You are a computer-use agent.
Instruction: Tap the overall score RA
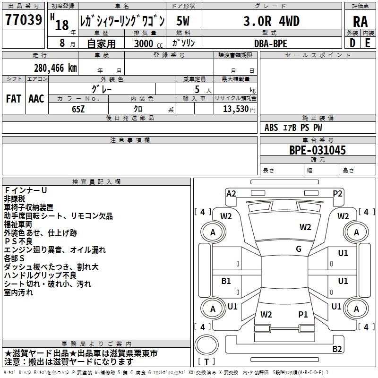click(360, 21)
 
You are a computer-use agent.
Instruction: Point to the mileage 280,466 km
click(55, 68)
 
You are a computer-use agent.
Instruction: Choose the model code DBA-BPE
click(270, 43)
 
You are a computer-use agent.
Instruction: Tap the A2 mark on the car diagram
click(231, 193)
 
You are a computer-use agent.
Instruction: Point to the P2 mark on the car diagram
click(337, 193)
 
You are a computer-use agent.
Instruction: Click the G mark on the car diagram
click(299, 249)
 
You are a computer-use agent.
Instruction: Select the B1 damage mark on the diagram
click(226, 281)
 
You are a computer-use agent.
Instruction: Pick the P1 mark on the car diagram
click(303, 314)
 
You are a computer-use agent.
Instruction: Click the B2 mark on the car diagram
click(337, 349)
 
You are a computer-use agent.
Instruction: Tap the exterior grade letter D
click(352, 43)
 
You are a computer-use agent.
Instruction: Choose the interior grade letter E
click(368, 43)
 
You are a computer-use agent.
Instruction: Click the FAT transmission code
click(14, 98)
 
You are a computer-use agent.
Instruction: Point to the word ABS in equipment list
click(271, 128)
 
